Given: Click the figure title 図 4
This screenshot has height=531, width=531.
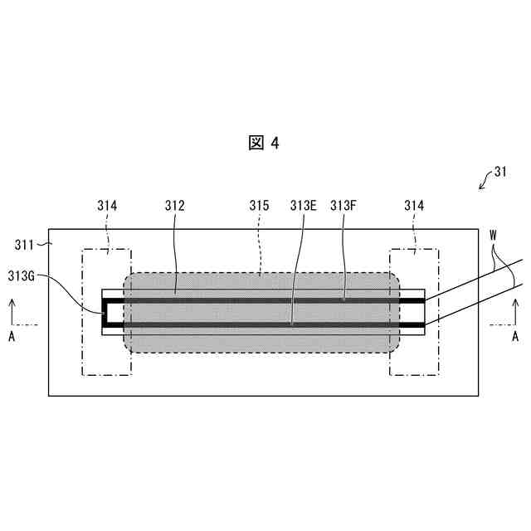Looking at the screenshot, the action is click(265, 143).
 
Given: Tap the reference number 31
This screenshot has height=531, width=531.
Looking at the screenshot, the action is click(499, 173).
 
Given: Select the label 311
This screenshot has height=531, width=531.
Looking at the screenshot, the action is click(26, 244).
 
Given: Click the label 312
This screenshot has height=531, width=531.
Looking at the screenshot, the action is click(174, 205).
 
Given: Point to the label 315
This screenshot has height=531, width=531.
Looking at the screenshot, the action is click(260, 205).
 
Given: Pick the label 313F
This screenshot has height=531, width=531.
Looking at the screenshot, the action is click(343, 205).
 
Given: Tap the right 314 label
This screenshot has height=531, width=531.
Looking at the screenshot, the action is click(415, 205).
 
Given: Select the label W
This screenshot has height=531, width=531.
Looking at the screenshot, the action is click(494, 235).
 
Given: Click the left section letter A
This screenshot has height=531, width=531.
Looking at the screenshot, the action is click(12, 337).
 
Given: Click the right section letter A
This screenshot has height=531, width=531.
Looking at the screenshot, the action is click(515, 337).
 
